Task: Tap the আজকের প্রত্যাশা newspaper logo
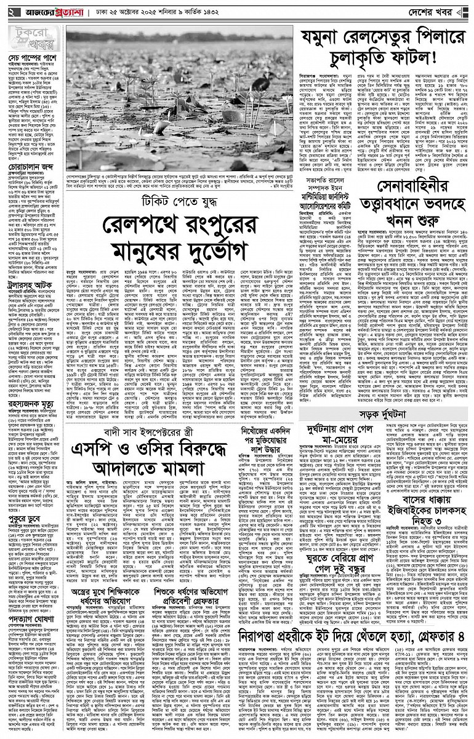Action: point(48,12)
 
